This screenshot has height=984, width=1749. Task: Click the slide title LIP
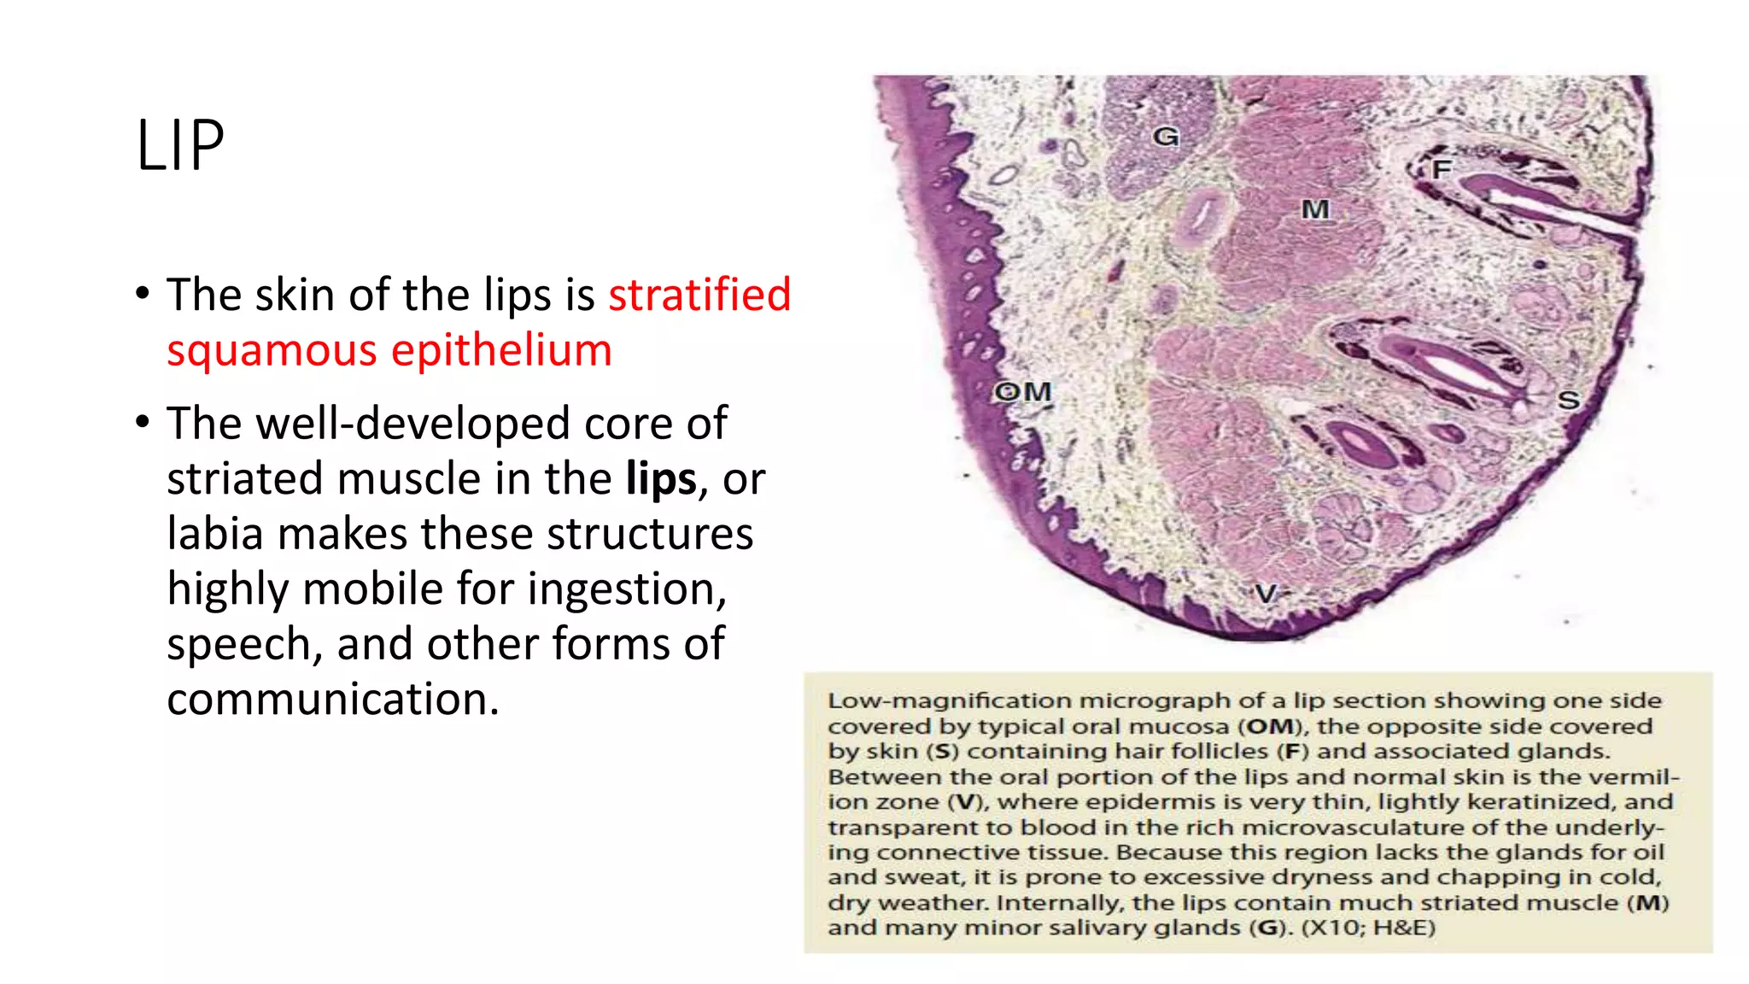[x=180, y=146]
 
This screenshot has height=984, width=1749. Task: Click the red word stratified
[x=699, y=295]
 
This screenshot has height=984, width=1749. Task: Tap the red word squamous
[x=272, y=351]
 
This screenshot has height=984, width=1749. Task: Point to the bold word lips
[x=661, y=478]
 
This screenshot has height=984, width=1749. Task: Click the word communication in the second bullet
[x=332, y=700]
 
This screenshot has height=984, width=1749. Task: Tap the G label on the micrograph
[x=1166, y=137]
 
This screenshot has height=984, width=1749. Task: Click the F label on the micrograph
[x=1442, y=169]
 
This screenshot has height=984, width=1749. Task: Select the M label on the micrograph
[x=1315, y=209]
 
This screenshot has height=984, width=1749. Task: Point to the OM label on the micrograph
[x=1023, y=392]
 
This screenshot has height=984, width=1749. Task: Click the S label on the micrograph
[x=1568, y=400]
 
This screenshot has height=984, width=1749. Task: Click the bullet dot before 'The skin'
[x=143, y=295]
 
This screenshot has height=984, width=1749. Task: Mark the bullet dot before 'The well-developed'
[x=143, y=423]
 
